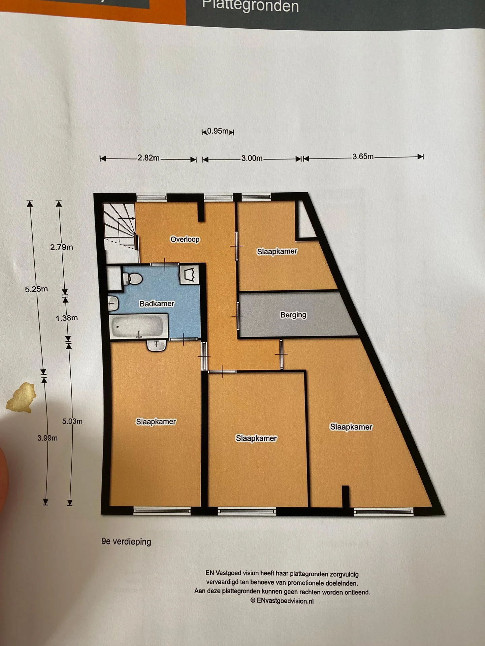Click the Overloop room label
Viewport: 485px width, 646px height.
tap(185, 239)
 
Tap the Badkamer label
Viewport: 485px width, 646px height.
tap(157, 303)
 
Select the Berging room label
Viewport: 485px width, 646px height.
tap(293, 315)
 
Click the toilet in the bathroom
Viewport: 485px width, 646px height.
tap(133, 279)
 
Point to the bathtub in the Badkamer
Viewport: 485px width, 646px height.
tap(138, 326)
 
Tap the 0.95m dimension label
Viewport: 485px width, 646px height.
tap(218, 131)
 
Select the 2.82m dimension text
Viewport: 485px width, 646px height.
tap(148, 157)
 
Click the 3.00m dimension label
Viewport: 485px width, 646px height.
tap(252, 158)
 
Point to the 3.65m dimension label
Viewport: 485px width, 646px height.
tap(363, 156)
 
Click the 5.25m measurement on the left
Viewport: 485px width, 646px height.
tap(36, 289)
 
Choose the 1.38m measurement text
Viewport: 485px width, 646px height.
tap(67, 318)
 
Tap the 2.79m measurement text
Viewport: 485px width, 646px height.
tap(62, 247)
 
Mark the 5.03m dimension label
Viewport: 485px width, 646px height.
tap(72, 421)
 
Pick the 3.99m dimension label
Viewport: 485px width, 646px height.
tap(47, 438)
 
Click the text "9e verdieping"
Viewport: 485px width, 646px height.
tap(126, 541)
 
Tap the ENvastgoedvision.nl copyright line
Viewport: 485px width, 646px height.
tap(282, 601)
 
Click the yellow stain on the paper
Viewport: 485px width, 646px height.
tap(22, 397)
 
